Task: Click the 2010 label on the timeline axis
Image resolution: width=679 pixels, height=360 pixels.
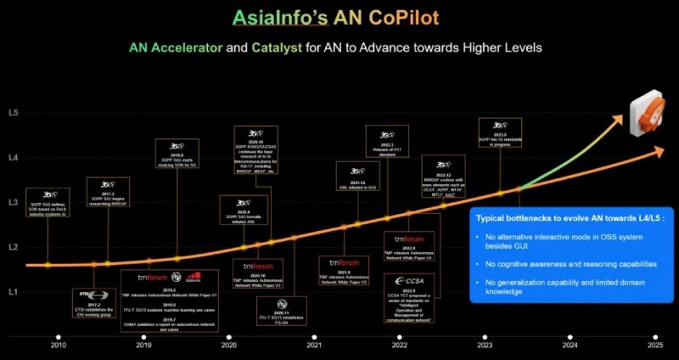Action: [58, 345]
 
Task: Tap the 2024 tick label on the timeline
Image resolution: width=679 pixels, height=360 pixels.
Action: [570, 345]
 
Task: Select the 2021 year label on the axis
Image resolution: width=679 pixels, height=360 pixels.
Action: [314, 345]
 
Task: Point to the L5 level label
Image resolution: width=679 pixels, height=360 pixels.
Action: [13, 112]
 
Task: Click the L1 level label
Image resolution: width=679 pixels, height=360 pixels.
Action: [13, 291]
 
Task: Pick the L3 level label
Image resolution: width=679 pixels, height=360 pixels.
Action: [13, 202]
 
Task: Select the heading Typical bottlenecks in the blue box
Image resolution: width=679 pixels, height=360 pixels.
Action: [569, 218]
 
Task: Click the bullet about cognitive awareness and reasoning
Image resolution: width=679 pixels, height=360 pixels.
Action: [578, 263]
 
